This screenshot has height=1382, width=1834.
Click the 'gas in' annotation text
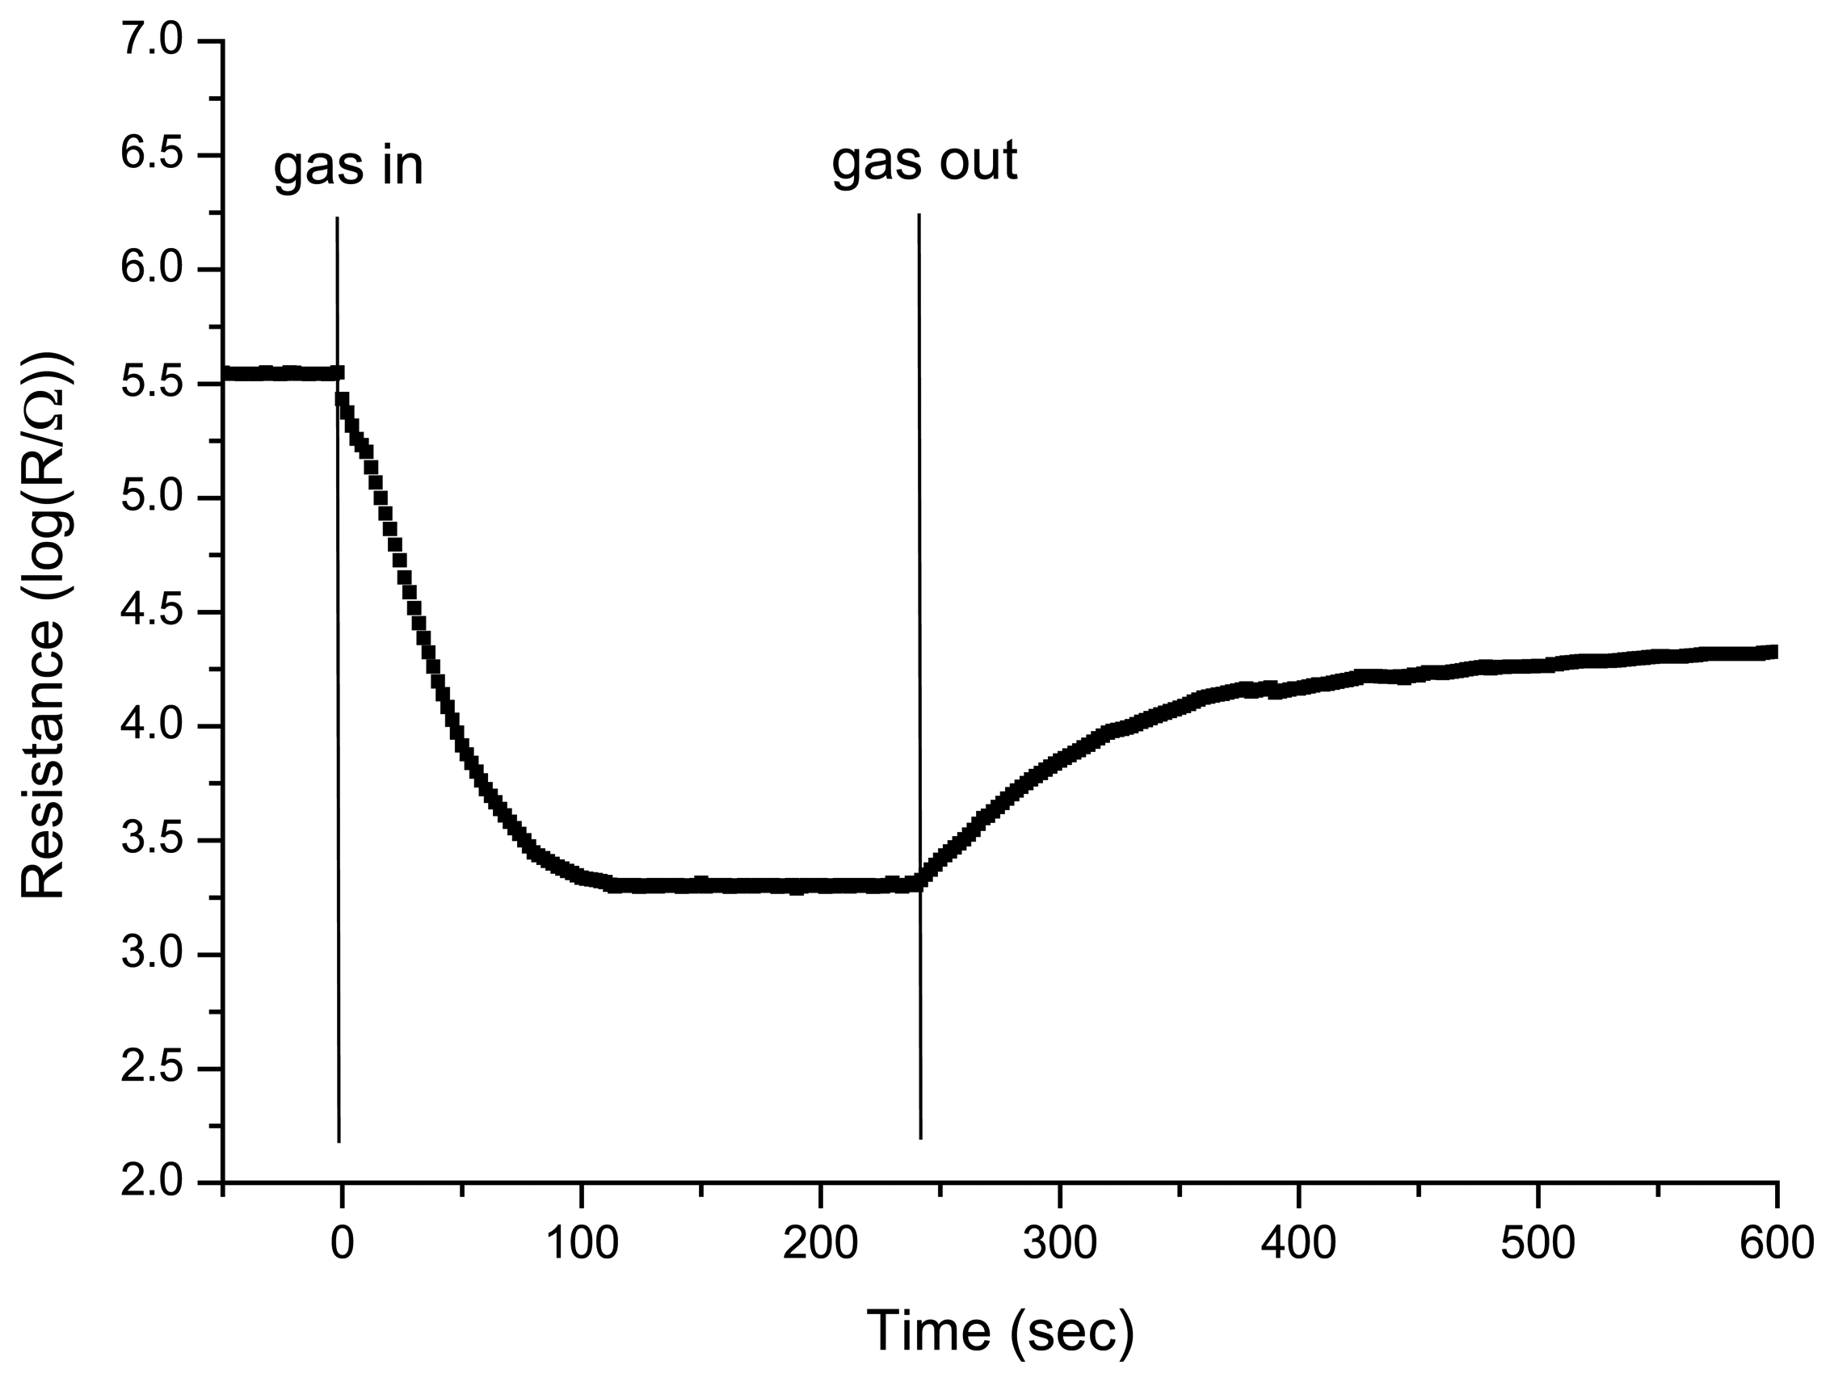coord(348,166)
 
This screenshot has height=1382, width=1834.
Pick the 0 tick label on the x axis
coord(342,1244)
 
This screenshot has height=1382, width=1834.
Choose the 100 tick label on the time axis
coord(581,1244)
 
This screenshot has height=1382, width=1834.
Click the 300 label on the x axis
coord(1060,1244)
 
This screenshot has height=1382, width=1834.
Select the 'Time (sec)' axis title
coord(1000,1331)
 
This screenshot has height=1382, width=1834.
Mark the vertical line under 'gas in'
coord(339,746)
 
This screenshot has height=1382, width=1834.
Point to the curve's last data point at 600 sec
coord(1771,652)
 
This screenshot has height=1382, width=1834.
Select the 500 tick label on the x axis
coord(1537,1244)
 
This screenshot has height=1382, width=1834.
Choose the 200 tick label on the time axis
coord(820,1244)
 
